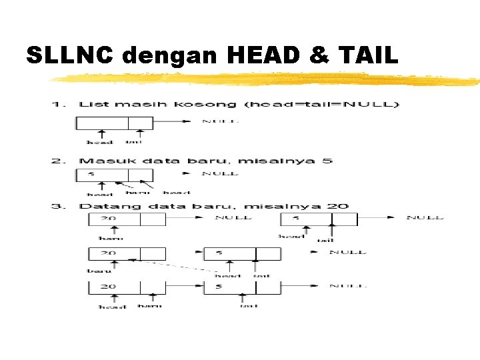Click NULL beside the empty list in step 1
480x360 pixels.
click(x=221, y=122)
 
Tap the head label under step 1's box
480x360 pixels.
click(x=100, y=142)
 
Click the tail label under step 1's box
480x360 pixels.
click(x=134, y=142)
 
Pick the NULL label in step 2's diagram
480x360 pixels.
click(x=221, y=173)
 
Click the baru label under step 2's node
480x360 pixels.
click(x=138, y=192)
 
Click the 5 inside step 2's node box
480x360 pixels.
click(x=91, y=174)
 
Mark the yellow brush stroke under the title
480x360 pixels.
click(x=267, y=80)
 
